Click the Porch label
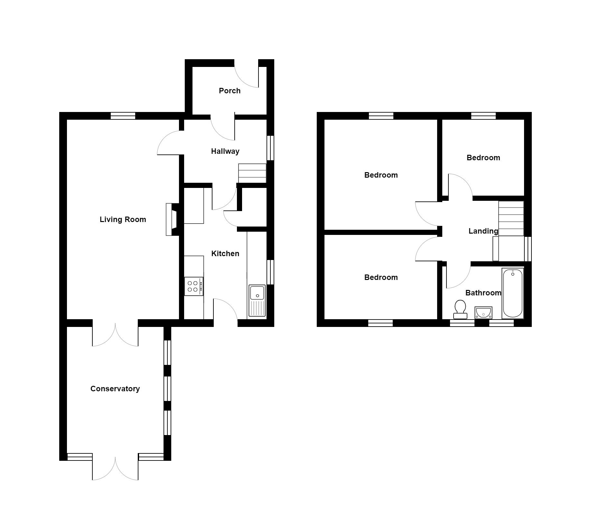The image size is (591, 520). [230, 91]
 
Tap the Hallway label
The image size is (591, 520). [225, 151]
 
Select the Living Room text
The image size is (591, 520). [123, 219]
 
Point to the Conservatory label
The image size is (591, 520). [115, 389]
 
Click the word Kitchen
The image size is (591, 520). [225, 254]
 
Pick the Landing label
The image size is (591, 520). [483, 231]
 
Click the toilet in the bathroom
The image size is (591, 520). [460, 309]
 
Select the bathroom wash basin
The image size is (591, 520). [483, 312]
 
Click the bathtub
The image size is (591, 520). [512, 293]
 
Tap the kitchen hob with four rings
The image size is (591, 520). [193, 286]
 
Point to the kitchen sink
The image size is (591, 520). [257, 300]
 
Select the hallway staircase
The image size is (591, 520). [252, 173]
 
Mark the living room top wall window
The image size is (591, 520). [123, 116]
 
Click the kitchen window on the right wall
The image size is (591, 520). [270, 272]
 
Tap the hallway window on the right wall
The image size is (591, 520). [270, 148]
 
